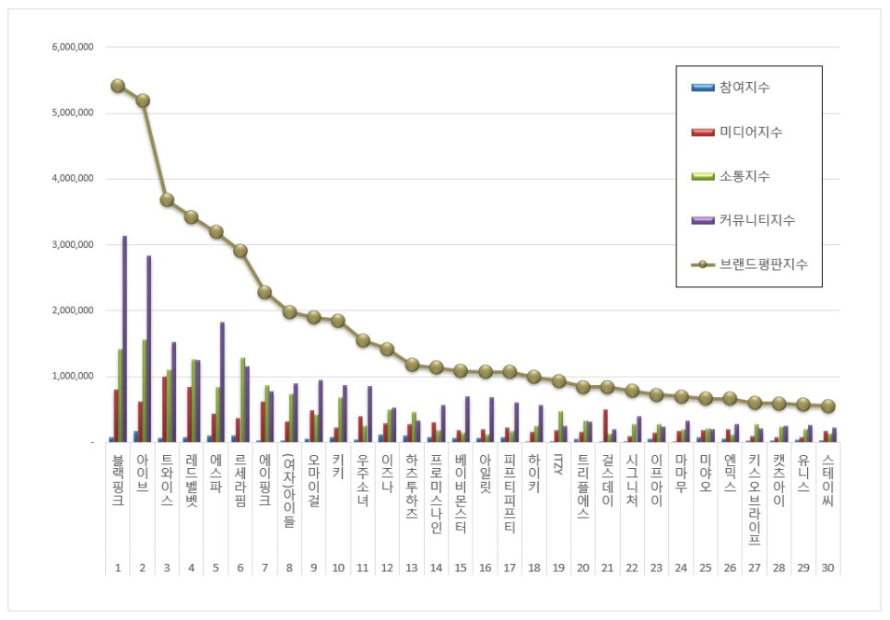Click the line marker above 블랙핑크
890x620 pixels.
point(118,86)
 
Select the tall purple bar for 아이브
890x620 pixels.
point(149,350)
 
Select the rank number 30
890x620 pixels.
point(827,567)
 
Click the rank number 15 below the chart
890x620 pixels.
point(461,567)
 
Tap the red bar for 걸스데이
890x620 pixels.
point(605,426)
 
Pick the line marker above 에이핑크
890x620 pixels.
point(264,292)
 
